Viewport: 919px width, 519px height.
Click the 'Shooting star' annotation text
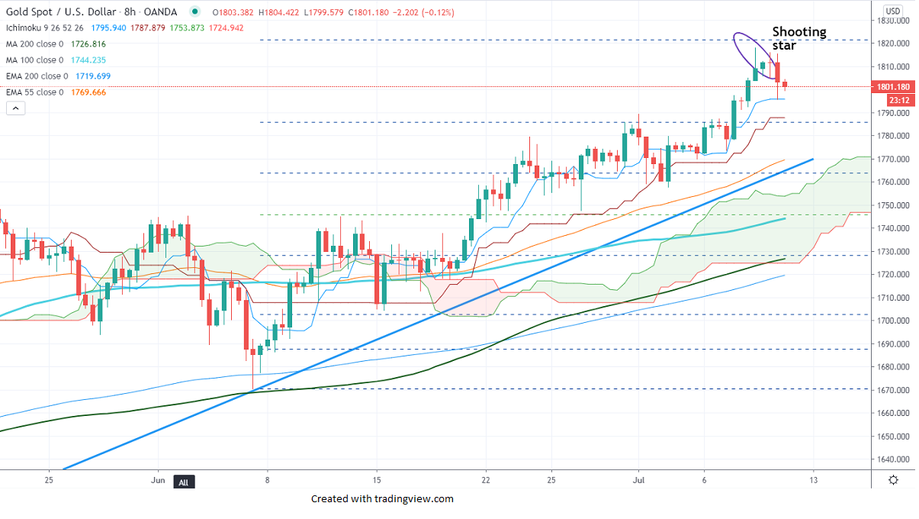799,38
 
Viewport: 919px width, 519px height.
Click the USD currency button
893,11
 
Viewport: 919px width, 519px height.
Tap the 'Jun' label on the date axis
158,480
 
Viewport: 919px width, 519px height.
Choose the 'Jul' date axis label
638,480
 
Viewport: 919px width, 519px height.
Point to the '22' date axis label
486,480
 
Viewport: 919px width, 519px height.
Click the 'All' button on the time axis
183,482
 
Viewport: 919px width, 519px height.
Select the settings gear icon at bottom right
893,480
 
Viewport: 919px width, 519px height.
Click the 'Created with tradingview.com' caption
382,499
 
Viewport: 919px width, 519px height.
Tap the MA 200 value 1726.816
88,44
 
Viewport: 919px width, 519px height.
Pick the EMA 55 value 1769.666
88,92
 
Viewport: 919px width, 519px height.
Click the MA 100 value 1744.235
88,60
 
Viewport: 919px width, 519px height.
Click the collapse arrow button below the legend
15,108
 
